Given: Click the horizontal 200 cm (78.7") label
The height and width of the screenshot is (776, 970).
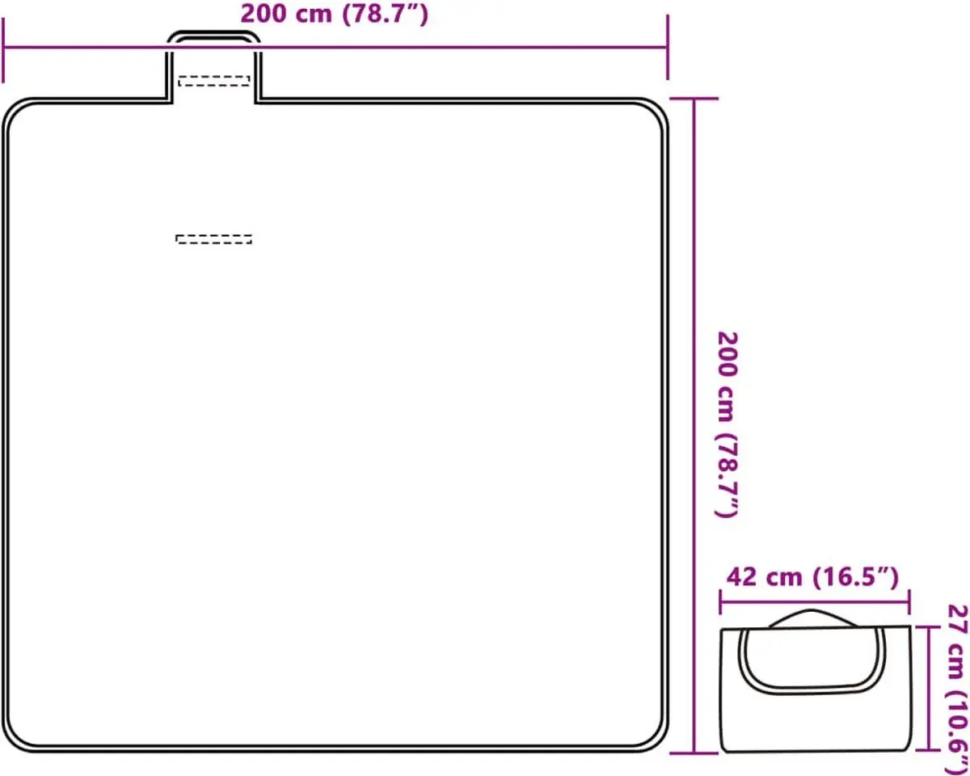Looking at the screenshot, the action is (x=334, y=14).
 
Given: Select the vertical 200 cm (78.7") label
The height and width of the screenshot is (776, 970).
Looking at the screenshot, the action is (x=727, y=424).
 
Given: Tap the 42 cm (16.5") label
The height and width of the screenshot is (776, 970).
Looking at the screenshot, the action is (x=812, y=578).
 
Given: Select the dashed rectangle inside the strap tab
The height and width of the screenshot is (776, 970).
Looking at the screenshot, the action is (x=214, y=81).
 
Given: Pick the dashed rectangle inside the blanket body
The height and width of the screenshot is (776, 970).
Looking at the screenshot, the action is (x=213, y=239).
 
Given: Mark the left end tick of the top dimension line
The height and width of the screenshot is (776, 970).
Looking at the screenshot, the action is (x=3, y=50).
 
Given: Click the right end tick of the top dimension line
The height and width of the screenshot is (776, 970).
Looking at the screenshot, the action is (x=668, y=47).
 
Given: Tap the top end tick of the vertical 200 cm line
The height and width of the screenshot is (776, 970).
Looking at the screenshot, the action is (x=694, y=99).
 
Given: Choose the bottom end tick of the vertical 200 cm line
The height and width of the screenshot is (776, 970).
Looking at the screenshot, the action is (x=694, y=753).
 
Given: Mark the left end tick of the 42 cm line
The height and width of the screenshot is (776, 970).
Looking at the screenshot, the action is (x=720, y=601).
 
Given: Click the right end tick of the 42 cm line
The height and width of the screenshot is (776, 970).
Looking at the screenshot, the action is (x=909, y=601).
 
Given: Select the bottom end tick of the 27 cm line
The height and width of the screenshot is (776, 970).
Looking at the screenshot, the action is (x=929, y=750).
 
